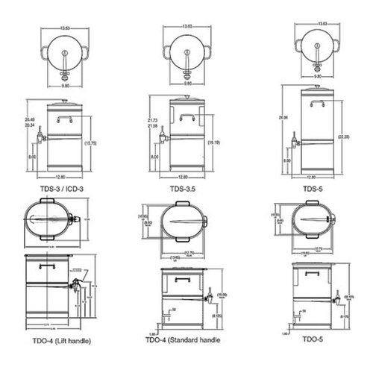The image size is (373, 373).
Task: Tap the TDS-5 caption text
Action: (312, 189)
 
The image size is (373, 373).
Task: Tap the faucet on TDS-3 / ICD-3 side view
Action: (43, 137)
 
